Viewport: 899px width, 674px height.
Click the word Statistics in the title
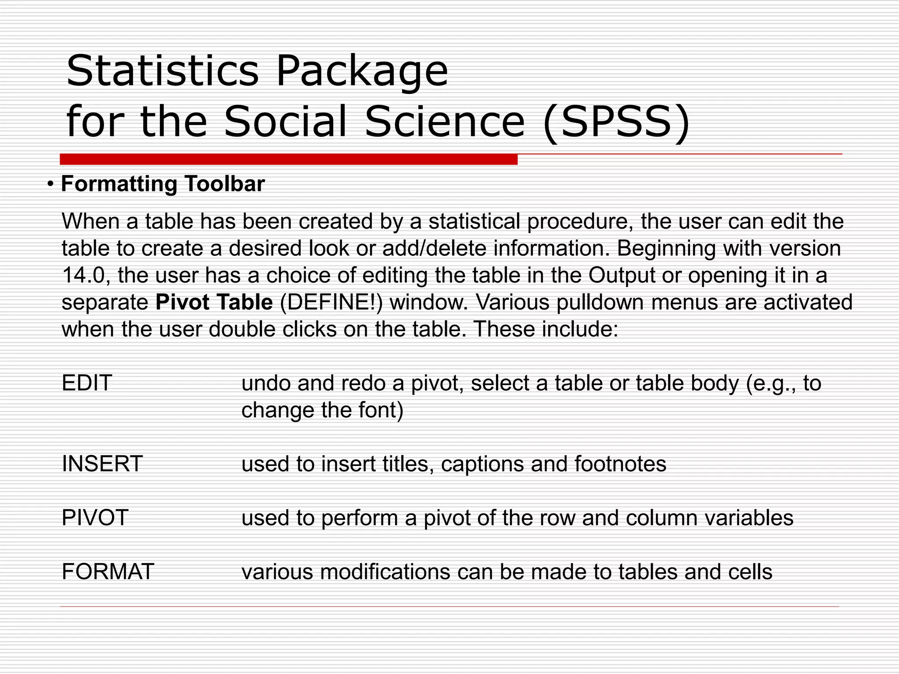click(x=162, y=71)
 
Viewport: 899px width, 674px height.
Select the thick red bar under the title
click(x=288, y=159)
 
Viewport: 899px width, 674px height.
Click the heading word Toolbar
click(x=224, y=183)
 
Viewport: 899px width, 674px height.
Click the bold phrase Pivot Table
click(x=214, y=302)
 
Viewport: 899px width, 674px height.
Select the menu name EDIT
click(x=87, y=383)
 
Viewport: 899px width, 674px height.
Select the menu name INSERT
click(x=102, y=464)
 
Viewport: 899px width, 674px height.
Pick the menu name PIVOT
click(x=95, y=518)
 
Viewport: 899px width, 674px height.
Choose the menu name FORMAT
click(x=108, y=572)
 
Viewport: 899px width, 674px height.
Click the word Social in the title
click(x=285, y=122)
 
